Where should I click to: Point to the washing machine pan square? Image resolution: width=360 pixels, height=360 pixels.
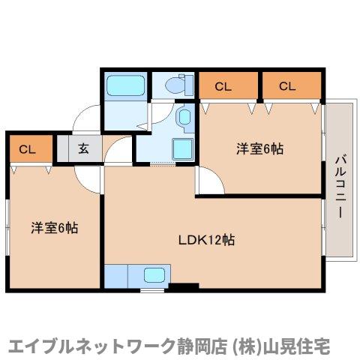pyautogui.click(x=182, y=148)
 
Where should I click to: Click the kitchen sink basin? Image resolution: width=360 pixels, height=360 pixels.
pyautogui.click(x=155, y=275)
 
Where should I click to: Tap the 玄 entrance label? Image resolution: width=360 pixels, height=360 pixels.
pyautogui.click(x=83, y=148)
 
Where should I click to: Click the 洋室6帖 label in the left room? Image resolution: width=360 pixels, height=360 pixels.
pyautogui.click(x=55, y=227)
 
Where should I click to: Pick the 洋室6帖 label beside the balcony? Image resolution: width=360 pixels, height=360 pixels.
pyautogui.click(x=260, y=148)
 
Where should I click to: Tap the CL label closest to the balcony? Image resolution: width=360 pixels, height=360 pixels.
pyautogui.click(x=288, y=86)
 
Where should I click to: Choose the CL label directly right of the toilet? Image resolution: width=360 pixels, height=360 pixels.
pyautogui.click(x=223, y=86)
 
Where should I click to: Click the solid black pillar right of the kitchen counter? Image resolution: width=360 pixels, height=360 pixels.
pyautogui.click(x=183, y=285)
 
